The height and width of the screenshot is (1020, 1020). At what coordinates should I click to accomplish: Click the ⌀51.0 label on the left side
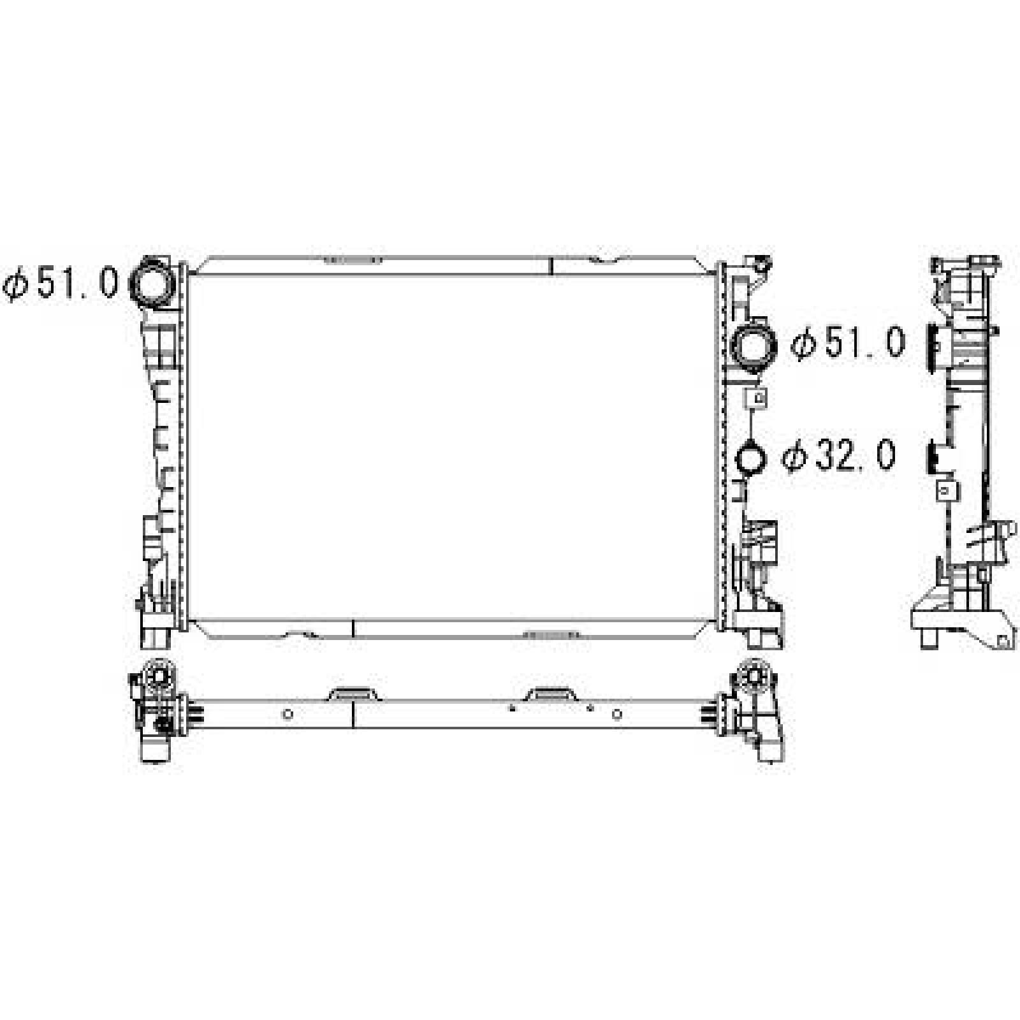click(x=61, y=283)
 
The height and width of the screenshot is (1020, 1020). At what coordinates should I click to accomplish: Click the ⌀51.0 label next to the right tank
click(x=848, y=344)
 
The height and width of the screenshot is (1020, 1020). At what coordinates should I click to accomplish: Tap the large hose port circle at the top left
click(x=152, y=284)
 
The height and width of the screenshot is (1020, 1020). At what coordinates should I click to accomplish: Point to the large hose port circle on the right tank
click(x=755, y=346)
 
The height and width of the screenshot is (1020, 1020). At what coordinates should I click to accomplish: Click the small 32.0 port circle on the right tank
click(x=751, y=458)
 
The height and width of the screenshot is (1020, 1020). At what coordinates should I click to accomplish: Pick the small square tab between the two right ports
click(x=756, y=397)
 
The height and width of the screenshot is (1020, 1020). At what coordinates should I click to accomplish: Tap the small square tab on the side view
click(x=947, y=490)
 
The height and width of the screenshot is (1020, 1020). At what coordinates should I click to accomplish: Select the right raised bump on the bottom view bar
click(x=552, y=694)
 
